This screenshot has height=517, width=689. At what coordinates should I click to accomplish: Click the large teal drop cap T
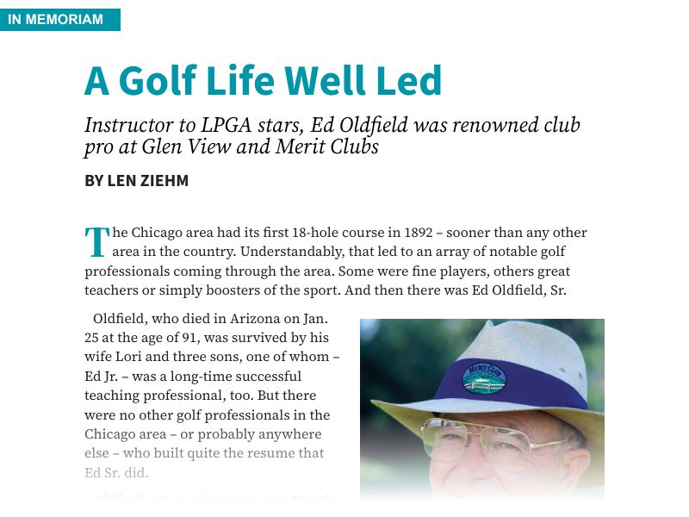click(x=96, y=242)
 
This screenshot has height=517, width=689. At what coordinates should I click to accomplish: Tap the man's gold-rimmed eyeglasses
click(x=482, y=438)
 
